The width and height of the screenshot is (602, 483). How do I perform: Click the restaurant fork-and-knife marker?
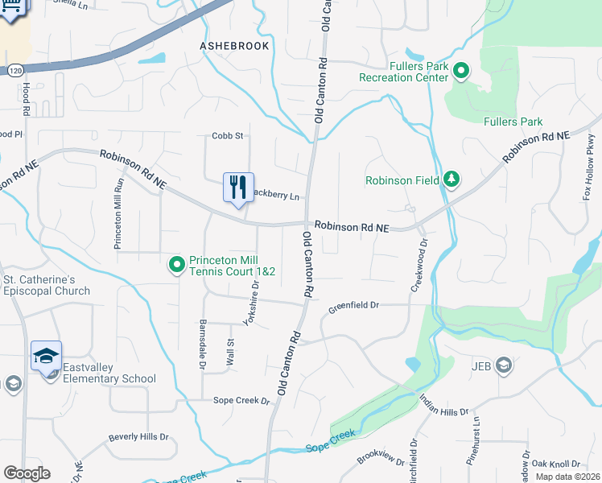click(x=238, y=188)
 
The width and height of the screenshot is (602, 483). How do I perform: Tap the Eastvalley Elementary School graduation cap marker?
click(x=46, y=355)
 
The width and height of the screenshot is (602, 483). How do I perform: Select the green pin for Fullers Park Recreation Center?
click(x=461, y=72)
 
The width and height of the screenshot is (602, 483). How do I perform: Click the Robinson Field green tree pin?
click(x=451, y=180)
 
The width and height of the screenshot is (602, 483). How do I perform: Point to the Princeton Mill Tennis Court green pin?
click(x=177, y=264)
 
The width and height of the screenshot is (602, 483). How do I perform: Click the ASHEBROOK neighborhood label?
click(x=234, y=46)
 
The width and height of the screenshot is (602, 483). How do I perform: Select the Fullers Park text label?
click(x=513, y=122)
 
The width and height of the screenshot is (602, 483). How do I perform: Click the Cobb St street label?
click(x=227, y=136)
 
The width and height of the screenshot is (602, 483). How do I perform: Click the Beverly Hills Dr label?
click(x=138, y=438)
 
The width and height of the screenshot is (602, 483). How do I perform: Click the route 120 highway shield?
click(x=14, y=71)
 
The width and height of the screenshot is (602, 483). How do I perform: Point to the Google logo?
click(x=27, y=473)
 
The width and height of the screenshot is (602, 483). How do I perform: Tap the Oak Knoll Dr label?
click(x=560, y=464)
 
